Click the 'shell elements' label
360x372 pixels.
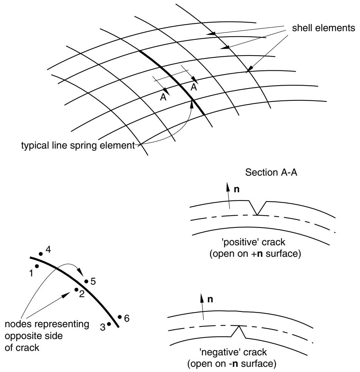pos(323,28)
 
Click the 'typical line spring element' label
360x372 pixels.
pos(78,145)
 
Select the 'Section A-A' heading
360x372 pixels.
pos(271,172)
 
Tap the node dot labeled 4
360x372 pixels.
pos(41,254)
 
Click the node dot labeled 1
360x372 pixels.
pos(37,266)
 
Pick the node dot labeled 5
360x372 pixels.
pos(86,281)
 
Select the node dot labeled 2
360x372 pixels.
pos(76,290)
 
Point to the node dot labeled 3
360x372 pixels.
pos(109,323)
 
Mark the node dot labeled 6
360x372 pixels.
pos(120,317)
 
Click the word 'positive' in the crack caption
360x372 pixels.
pos(240,242)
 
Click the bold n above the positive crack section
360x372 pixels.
pos(237,189)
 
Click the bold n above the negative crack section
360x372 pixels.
pos(210,299)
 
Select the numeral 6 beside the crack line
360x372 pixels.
pos(127,318)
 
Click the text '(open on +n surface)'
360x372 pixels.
pos(255,253)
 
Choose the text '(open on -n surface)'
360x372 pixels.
pos(232,363)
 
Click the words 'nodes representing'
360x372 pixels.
pos(47,324)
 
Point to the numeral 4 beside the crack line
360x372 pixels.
pos(48,250)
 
